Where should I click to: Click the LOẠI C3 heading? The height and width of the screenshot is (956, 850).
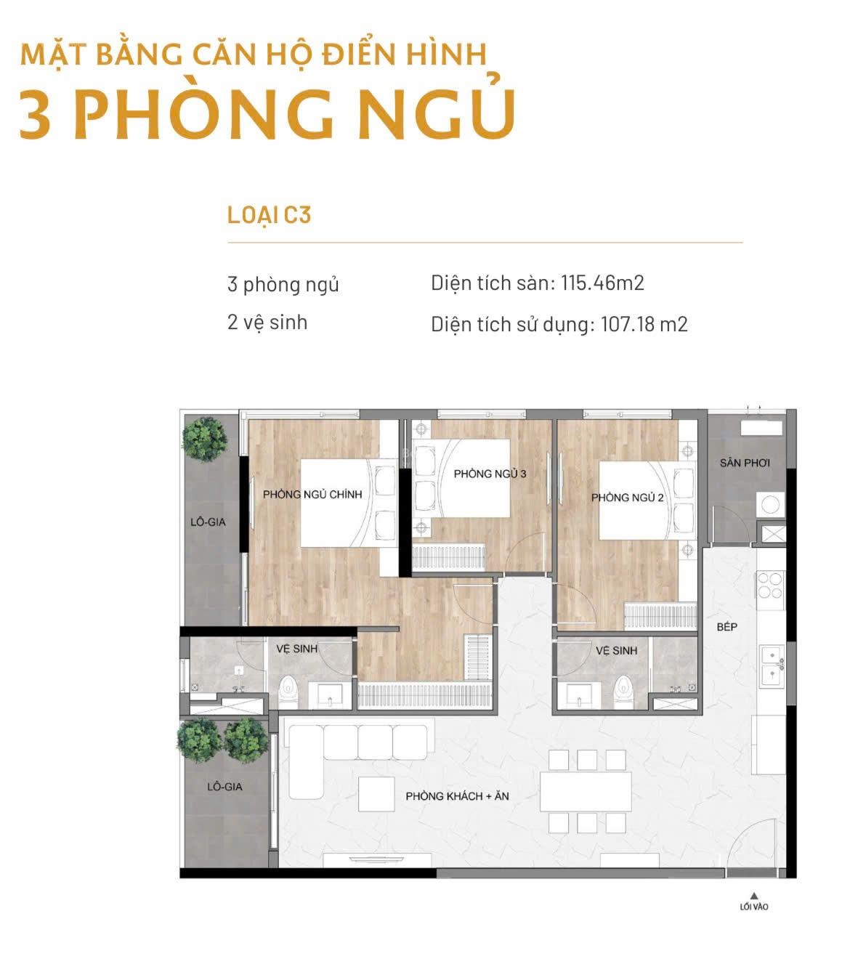point(269,215)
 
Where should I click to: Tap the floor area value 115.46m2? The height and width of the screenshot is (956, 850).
point(602,283)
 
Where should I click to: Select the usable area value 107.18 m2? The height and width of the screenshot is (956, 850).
point(644,324)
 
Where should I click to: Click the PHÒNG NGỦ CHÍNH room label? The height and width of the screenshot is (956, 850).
point(312,494)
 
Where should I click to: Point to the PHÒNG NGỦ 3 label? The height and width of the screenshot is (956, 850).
point(490,474)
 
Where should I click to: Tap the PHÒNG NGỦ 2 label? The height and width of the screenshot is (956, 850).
point(627,497)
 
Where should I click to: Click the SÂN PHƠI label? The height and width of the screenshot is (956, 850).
point(745,463)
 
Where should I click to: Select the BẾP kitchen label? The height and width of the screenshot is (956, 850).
point(726,627)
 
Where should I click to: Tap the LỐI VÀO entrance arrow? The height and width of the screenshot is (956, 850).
point(754,895)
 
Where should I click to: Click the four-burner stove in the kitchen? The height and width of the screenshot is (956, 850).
point(770,585)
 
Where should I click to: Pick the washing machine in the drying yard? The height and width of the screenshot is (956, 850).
point(770,505)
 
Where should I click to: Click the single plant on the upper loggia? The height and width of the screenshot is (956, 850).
point(204,439)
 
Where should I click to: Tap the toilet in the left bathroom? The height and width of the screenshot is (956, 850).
point(288,692)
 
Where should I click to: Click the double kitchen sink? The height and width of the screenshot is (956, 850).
point(772,667)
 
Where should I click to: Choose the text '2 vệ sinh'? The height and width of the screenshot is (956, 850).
point(267,323)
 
